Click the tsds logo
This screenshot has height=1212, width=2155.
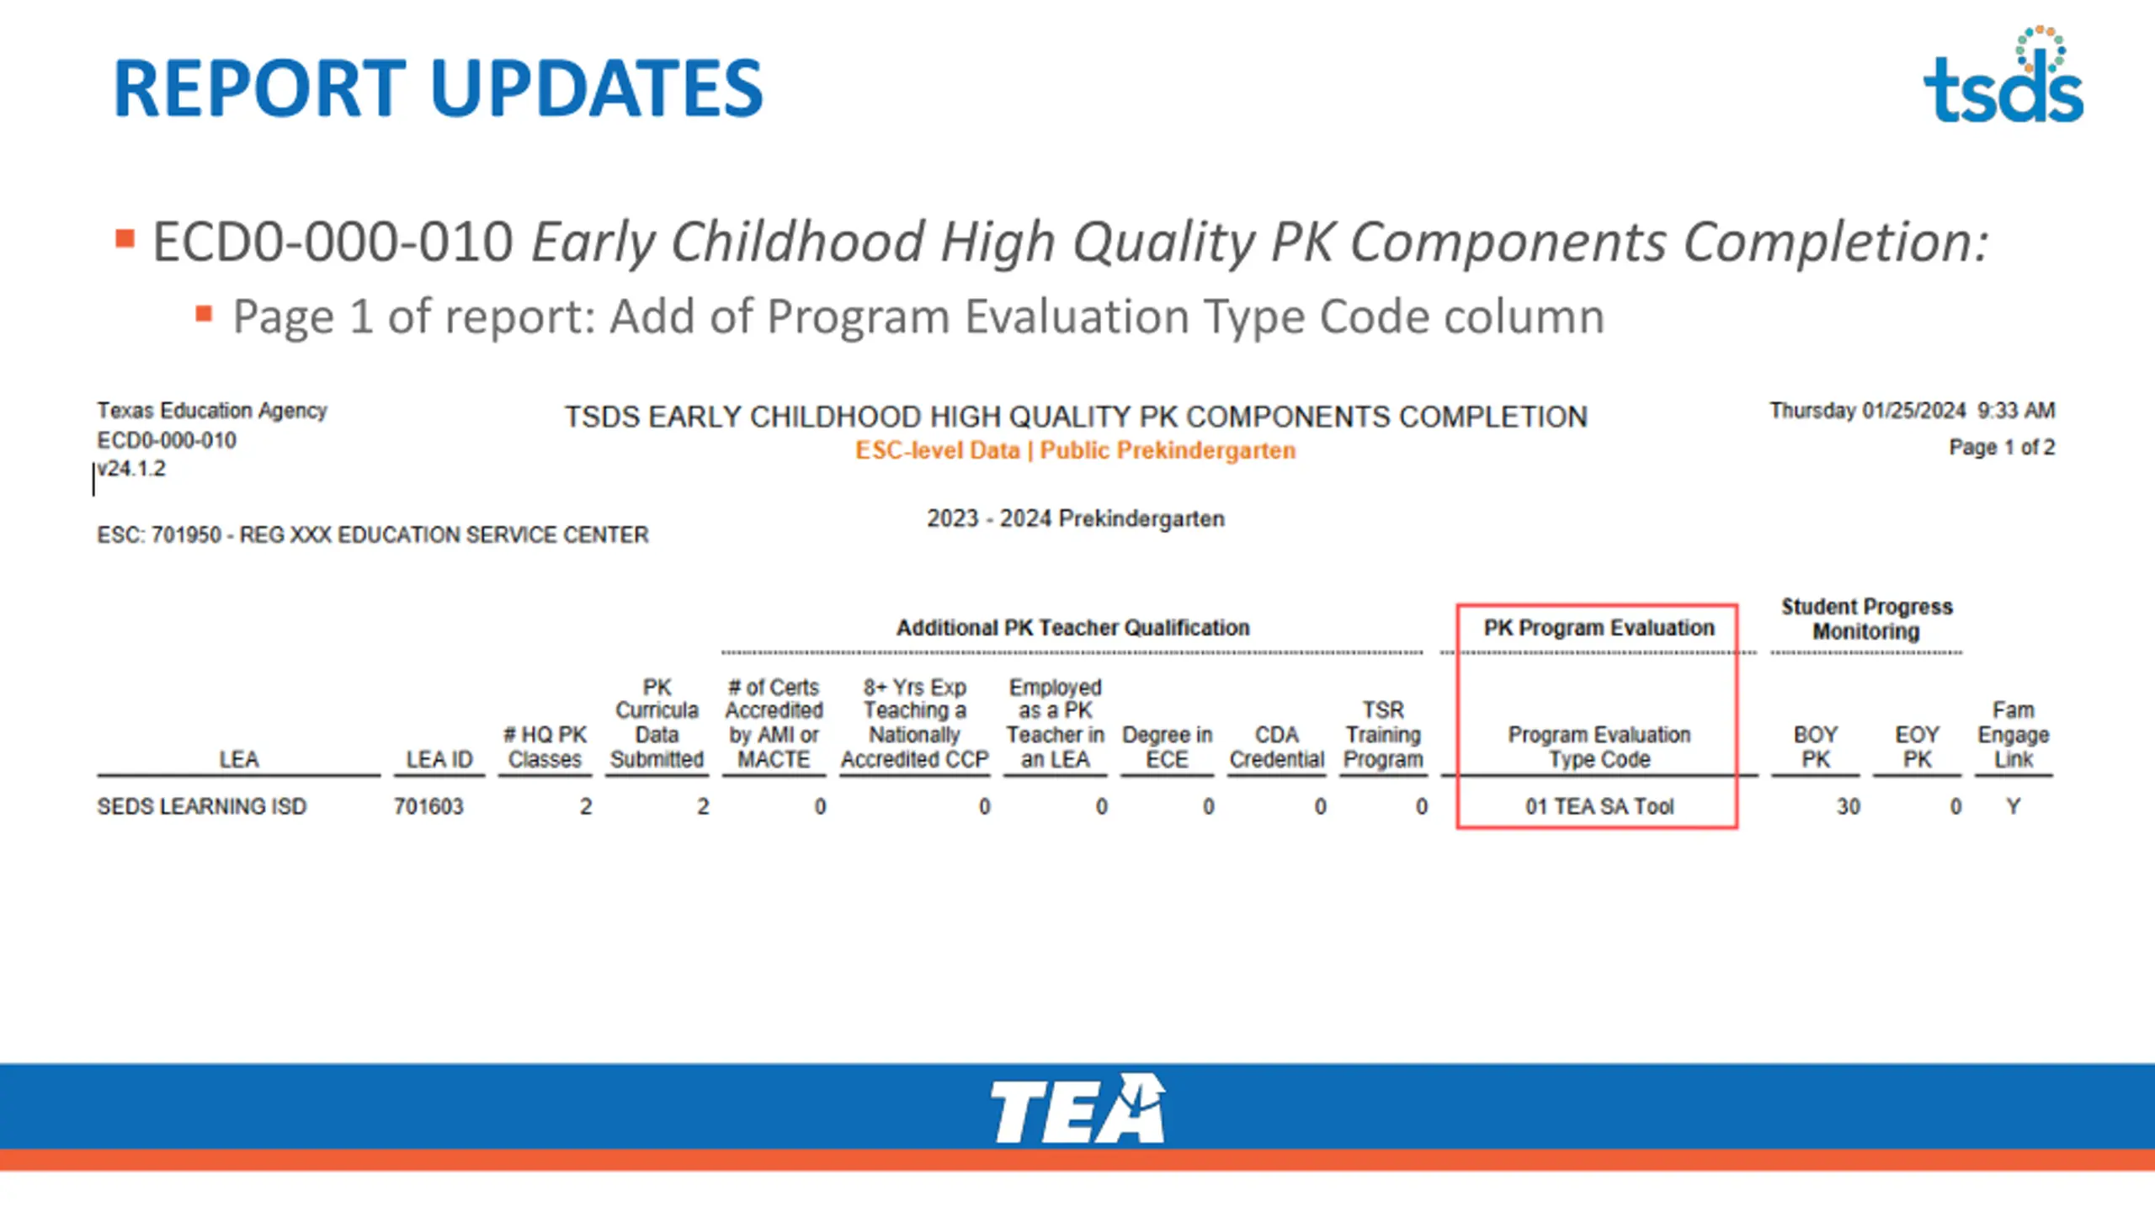pos(2003,76)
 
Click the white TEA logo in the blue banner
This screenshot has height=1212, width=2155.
pos(1077,1108)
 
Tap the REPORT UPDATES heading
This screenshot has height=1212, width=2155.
pos(438,88)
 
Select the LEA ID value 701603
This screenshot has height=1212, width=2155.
pos(428,806)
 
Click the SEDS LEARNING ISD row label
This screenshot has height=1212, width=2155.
pos(202,806)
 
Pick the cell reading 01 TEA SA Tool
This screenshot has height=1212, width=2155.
pos(1599,806)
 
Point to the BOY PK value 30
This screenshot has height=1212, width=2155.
pos(1848,806)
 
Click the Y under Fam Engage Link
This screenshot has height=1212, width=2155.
pos(2013,806)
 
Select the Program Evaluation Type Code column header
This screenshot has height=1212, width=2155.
pos(1599,747)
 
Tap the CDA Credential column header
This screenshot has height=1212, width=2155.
pos(1277,747)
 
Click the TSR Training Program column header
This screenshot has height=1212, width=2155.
pos(1383,734)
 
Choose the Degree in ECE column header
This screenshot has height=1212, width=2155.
pos(1167,747)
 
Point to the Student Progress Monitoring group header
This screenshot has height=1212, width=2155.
pos(1866,619)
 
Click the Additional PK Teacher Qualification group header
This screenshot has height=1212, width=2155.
pos(1072,627)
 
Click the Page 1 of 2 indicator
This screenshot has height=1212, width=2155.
pos(2002,447)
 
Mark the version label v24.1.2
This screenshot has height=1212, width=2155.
pos(131,469)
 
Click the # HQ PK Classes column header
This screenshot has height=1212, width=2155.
pos(545,747)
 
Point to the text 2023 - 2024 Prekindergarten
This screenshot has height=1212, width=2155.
pos(1076,518)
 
